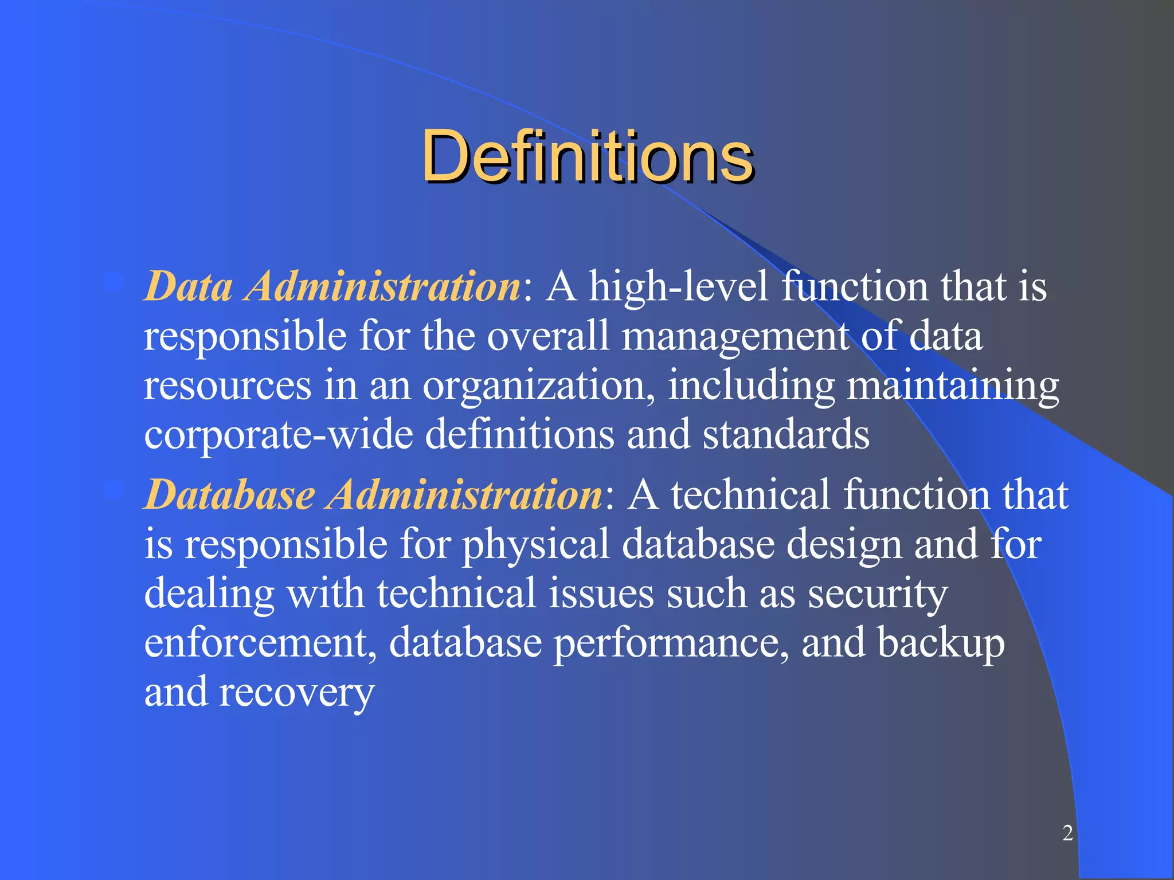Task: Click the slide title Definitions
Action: tap(587, 156)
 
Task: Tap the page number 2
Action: tap(1067, 832)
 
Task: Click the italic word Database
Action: tap(229, 494)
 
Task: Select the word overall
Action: tap(547, 336)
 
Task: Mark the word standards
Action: tap(786, 434)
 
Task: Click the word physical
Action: tap(535, 545)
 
